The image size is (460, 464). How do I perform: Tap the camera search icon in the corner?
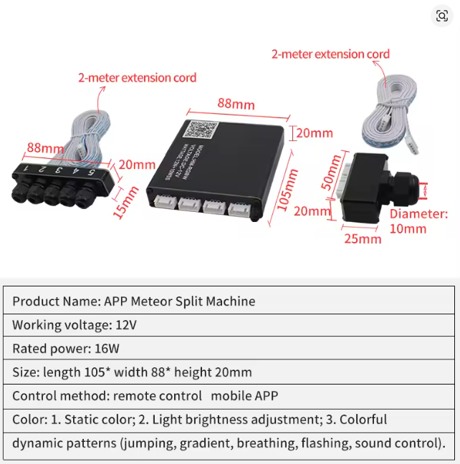pyautogui.click(x=442, y=16)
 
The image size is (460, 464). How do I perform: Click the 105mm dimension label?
pyautogui.click(x=287, y=188)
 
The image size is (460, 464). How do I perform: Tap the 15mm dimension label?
pyautogui.click(x=127, y=203)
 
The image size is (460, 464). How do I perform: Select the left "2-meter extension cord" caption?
pyautogui.click(x=137, y=77)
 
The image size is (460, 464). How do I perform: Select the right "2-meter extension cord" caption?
pyautogui.click(x=330, y=54)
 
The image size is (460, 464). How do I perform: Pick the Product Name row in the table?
pyautogui.click(x=133, y=301)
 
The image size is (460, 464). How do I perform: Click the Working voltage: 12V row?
pyautogui.click(x=75, y=325)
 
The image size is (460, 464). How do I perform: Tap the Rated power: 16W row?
pyautogui.click(x=66, y=349)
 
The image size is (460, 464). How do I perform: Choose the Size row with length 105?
pyautogui.click(x=132, y=372)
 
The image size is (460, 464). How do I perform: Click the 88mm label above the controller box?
pyautogui.click(x=236, y=104)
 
